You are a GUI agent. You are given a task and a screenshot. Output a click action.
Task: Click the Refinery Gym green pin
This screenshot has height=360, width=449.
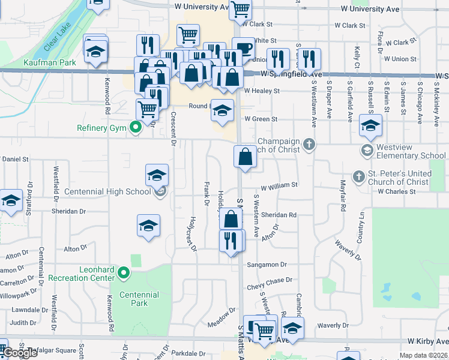pyautogui.click(x=136, y=127)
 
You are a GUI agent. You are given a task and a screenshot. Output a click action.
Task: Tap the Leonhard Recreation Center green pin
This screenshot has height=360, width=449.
pyautogui.click(x=124, y=274)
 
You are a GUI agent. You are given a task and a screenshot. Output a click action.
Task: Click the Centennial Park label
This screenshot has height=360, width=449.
pyautogui.click(x=139, y=299)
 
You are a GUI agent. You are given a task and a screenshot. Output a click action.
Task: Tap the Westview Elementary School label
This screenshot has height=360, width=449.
pyautogui.click(x=411, y=156)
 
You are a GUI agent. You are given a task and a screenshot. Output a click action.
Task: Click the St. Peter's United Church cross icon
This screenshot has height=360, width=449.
pyautogui.click(x=358, y=176)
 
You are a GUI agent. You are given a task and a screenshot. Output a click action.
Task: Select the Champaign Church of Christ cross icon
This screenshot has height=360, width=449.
pyautogui.click(x=309, y=144)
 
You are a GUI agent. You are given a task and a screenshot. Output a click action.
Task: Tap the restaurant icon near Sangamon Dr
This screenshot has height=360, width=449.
pyautogui.click(x=232, y=240)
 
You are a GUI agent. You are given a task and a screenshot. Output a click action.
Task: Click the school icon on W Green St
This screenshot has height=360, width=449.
pyautogui.click(x=222, y=110)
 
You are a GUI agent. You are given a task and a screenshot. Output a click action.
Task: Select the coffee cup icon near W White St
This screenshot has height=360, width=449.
pyautogui.click(x=243, y=48)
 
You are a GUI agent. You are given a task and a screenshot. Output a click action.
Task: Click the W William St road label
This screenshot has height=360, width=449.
pyautogui.click(x=279, y=186)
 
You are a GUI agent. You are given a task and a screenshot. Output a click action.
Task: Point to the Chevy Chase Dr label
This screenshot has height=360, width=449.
pyautogui.click(x=273, y=280)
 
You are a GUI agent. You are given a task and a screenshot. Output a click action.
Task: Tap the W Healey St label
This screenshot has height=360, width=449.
pyautogui.click(x=262, y=91)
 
